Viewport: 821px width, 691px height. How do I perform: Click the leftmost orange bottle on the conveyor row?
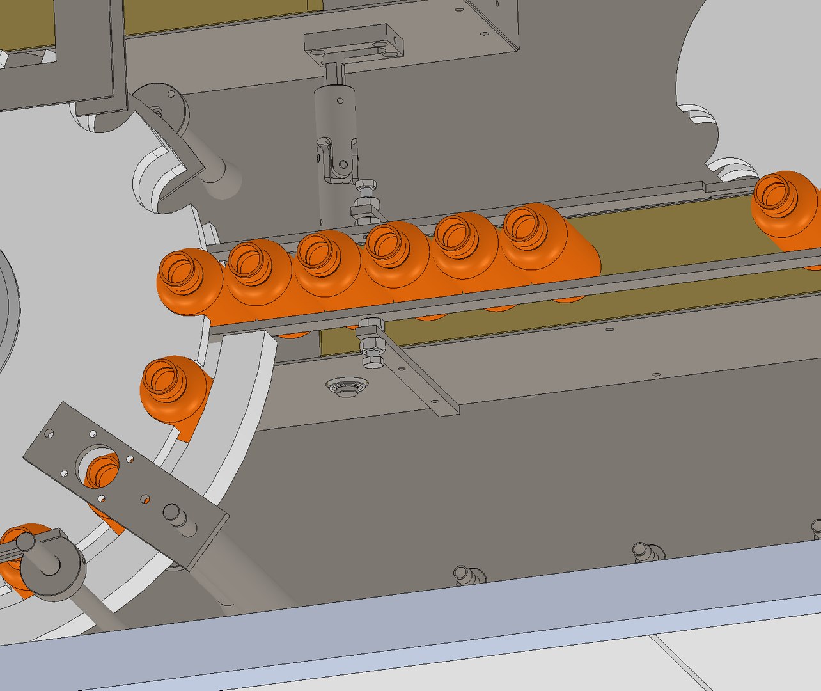coord(189,282)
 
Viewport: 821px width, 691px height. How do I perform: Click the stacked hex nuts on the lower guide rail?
coord(370,345)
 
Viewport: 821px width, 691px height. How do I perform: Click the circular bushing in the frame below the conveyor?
coord(347,387)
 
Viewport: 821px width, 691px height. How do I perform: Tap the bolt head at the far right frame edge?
coord(817,528)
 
